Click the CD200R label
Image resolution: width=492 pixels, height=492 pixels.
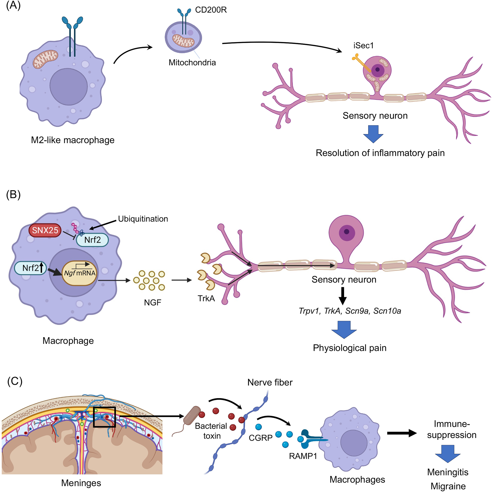(211, 10)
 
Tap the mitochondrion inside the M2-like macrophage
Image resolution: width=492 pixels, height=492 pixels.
(45, 59)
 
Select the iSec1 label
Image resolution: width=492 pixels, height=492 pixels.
(363, 45)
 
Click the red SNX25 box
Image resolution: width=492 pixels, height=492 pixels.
(45, 230)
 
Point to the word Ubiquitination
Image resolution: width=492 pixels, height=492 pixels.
(143, 219)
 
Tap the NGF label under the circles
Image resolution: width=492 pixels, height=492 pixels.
(152, 302)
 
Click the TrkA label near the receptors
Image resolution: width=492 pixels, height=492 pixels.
(206, 298)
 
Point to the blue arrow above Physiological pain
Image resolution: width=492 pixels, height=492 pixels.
(344, 329)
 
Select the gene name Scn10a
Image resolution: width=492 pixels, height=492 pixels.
(387, 311)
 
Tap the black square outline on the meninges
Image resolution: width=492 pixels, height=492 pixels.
(104, 417)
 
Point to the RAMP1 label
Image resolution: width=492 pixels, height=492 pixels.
(303, 456)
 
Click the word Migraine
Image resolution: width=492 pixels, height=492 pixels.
(448, 486)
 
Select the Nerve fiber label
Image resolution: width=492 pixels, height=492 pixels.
(270, 382)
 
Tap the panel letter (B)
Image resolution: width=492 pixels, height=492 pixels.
(13, 194)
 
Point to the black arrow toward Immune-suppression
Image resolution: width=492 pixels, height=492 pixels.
(402, 433)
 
